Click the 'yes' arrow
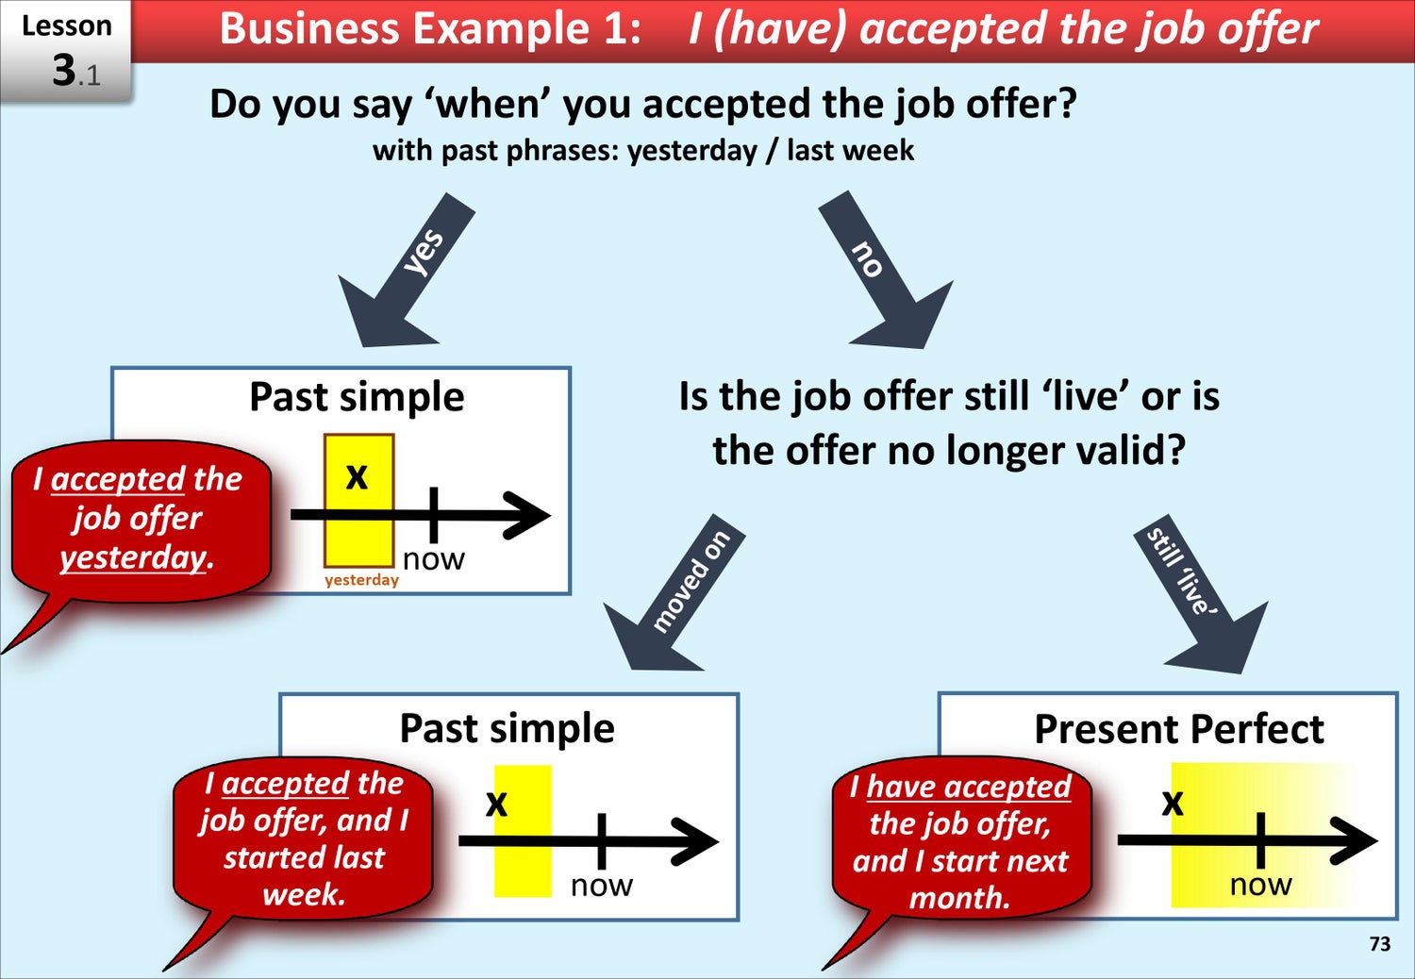click(x=405, y=272)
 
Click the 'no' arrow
click(x=885, y=272)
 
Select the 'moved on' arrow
click(x=673, y=593)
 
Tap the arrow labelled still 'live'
click(x=1200, y=593)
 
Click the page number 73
click(x=1379, y=943)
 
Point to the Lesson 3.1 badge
click(x=66, y=51)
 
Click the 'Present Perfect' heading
click(x=1179, y=729)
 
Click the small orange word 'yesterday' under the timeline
click(x=361, y=580)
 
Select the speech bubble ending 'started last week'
click(x=303, y=840)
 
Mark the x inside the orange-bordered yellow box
click(x=357, y=477)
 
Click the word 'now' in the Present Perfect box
click(x=1260, y=885)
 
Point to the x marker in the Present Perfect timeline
click(x=1173, y=804)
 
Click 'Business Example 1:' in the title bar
click(x=430, y=29)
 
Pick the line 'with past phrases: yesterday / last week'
click(x=643, y=151)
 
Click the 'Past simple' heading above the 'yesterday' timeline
click(x=357, y=397)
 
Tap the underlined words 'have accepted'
click(x=969, y=787)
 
